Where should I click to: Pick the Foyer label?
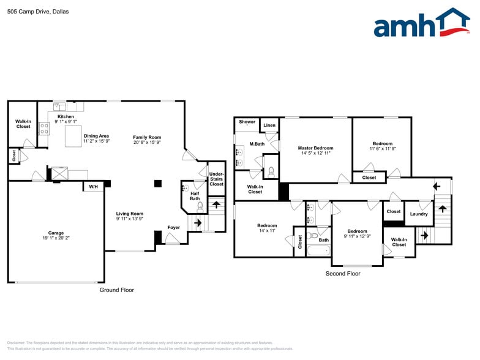(x=174, y=228)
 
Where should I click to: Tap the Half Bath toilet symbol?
(x=200, y=207)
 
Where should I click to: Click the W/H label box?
(x=93, y=186)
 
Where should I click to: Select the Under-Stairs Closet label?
(x=216, y=179)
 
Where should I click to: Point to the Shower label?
(x=247, y=122)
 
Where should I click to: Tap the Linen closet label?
(x=269, y=126)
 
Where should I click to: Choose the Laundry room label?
(x=419, y=214)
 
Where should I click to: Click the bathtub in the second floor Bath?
(x=317, y=250)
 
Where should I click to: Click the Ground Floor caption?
(x=116, y=290)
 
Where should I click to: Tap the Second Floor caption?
(x=343, y=274)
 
